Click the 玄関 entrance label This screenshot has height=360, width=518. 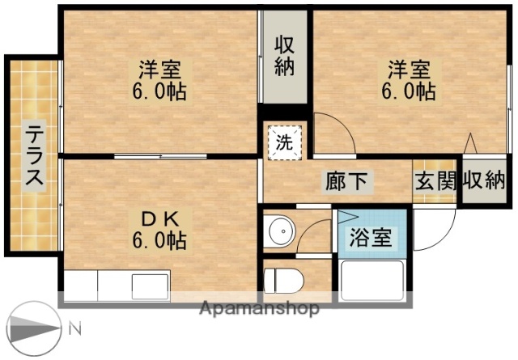[x=435, y=181]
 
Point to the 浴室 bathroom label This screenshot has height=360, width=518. [x=371, y=238]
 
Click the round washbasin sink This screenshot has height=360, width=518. [x=282, y=231]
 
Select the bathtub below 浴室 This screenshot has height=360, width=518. [x=372, y=282]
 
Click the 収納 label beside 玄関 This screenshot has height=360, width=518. [x=484, y=181]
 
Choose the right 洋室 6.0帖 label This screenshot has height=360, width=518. [x=409, y=78]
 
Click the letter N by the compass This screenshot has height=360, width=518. [x=74, y=330]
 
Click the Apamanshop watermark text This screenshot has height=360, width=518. [x=259, y=308]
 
